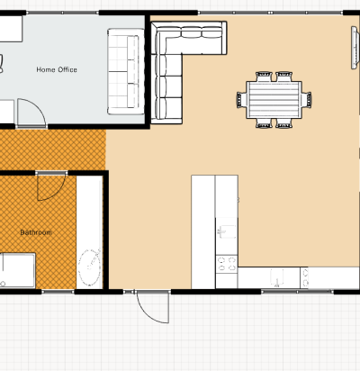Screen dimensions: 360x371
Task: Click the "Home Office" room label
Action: point(57,69)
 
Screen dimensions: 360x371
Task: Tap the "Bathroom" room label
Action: point(36,232)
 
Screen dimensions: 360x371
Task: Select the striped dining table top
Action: point(274,100)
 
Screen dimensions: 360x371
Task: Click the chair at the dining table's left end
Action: point(241,100)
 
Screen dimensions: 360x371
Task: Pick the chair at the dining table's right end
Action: point(306,99)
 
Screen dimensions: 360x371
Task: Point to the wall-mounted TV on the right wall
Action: point(355,48)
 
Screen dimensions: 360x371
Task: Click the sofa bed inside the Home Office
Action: point(126,71)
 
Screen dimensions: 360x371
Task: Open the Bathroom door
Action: point(51,186)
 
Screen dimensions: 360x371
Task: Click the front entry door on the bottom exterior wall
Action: point(153,307)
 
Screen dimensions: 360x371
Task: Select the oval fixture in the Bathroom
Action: point(90,267)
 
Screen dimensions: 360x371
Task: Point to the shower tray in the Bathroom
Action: point(17,270)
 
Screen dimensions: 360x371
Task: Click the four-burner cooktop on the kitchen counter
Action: point(227,264)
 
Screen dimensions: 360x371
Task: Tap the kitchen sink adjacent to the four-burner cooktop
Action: point(227,231)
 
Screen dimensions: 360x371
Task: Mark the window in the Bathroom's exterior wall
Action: point(58,292)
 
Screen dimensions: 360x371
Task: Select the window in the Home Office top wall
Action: point(62,13)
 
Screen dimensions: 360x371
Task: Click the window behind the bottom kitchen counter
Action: point(297,292)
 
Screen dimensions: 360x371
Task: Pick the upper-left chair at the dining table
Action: point(264,77)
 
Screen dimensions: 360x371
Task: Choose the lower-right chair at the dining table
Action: point(283,123)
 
